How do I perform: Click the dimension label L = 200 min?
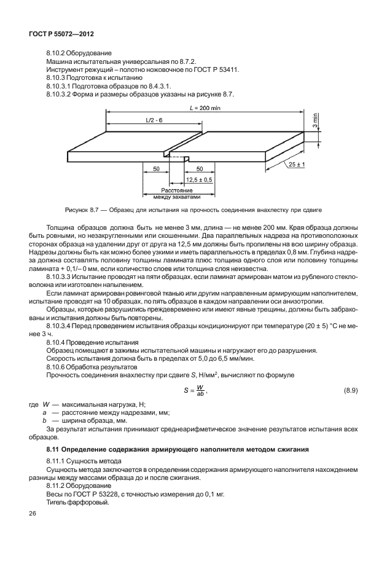tap(205, 108)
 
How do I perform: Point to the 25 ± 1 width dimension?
tap(297, 165)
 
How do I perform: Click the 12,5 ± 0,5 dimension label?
tap(199, 179)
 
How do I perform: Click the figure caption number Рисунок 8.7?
tap(77, 210)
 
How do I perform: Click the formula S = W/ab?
tap(196, 390)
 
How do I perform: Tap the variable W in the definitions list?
tap(45, 404)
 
